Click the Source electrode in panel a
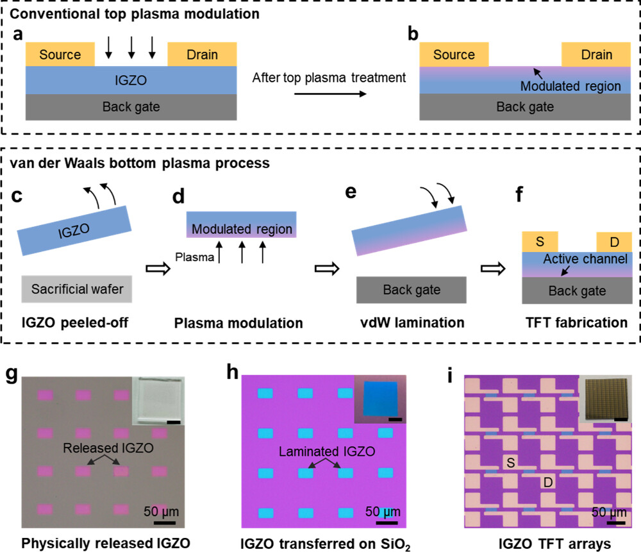click(x=60, y=54)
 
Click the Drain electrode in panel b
click(x=596, y=54)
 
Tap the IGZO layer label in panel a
click(x=131, y=80)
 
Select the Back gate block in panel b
click(x=525, y=106)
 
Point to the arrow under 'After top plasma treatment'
click(x=330, y=94)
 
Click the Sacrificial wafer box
click(x=77, y=289)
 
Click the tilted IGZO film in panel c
click(x=74, y=231)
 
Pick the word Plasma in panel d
click(x=195, y=257)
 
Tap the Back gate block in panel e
click(x=412, y=290)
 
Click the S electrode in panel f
click(x=540, y=242)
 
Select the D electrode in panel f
click(x=615, y=242)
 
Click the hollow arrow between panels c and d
click(x=158, y=269)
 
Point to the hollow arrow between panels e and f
click(x=493, y=269)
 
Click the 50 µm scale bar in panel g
click(x=165, y=523)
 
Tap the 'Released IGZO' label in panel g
click(x=108, y=448)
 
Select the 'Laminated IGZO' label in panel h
click(x=327, y=451)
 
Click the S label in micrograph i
click(x=511, y=463)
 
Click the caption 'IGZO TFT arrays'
click(x=554, y=544)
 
